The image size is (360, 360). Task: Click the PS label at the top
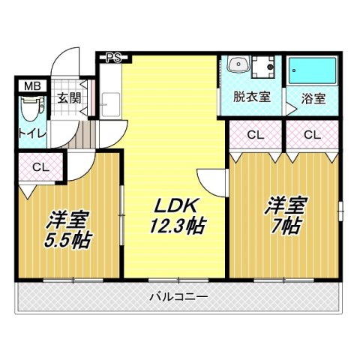point(113,56)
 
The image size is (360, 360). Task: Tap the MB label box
point(31,85)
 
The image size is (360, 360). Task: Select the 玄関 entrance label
point(68,97)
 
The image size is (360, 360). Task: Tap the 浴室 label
point(313,97)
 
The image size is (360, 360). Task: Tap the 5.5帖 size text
point(67,241)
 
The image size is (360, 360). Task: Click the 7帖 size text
point(285,225)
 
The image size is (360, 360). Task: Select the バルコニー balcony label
point(178,295)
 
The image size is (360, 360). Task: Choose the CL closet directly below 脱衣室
point(256,136)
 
